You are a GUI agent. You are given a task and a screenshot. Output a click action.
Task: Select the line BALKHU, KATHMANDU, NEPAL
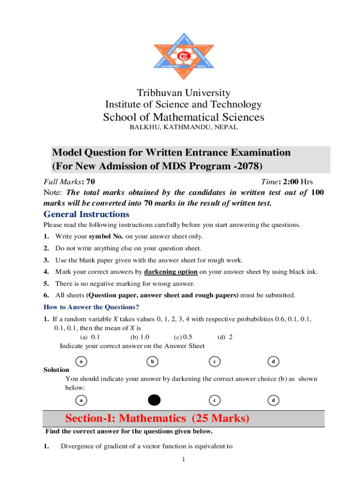tap(183, 127)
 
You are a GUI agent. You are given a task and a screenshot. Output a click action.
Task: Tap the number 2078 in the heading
tap(246, 166)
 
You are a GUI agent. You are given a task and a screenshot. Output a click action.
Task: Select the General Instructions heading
tap(86, 214)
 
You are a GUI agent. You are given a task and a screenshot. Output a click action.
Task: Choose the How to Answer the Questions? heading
tap(91, 307)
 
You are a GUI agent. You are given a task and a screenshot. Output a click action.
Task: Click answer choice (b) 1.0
tap(140, 337)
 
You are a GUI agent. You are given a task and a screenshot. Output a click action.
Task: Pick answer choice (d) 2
tap(225, 337)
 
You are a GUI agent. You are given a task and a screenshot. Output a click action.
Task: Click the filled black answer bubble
tap(154, 400)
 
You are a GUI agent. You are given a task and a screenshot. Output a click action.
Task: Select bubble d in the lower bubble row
tap(273, 400)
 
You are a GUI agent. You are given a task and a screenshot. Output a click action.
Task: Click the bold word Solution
tap(56, 370)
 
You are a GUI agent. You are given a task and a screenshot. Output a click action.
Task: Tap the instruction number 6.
tap(46, 296)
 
